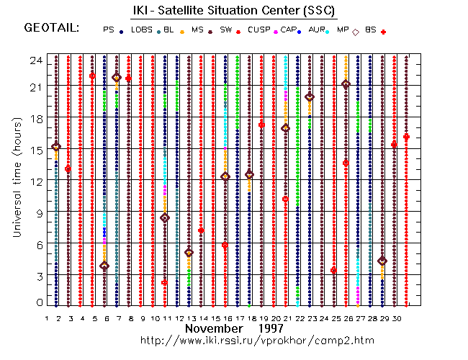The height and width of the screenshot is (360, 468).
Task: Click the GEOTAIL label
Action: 51,28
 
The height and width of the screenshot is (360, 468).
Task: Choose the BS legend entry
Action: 370,30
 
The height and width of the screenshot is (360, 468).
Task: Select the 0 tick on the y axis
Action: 37,303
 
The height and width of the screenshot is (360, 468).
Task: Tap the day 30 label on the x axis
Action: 406,318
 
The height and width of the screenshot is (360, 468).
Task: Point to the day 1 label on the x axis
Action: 47,318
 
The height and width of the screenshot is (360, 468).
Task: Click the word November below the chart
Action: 213,328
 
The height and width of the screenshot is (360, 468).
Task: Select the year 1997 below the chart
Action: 272,328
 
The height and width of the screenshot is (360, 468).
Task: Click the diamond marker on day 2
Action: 56,147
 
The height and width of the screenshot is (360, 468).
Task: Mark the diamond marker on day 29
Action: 382,261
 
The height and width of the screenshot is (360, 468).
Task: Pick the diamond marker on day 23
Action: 310,96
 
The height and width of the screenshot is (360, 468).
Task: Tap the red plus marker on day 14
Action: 201,230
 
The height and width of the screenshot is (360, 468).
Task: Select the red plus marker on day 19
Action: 261,125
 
